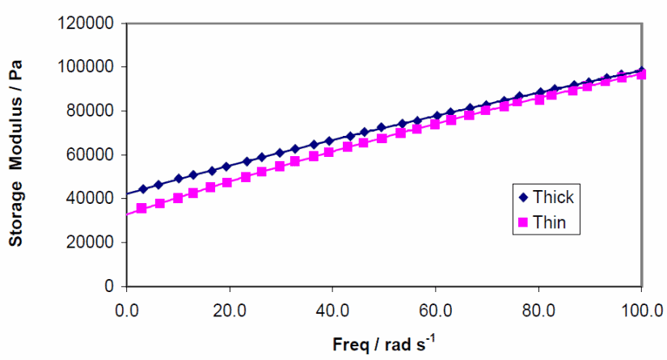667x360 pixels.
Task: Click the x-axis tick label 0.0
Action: [126, 309]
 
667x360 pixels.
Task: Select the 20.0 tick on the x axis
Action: [230, 309]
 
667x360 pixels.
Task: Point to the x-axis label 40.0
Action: [332, 309]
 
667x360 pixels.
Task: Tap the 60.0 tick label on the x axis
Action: [436, 309]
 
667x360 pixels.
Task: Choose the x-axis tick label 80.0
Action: [538, 309]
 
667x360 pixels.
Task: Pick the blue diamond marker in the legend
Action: [522, 197]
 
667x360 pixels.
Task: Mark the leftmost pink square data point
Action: [141, 208]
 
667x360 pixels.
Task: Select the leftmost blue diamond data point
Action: [143, 189]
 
